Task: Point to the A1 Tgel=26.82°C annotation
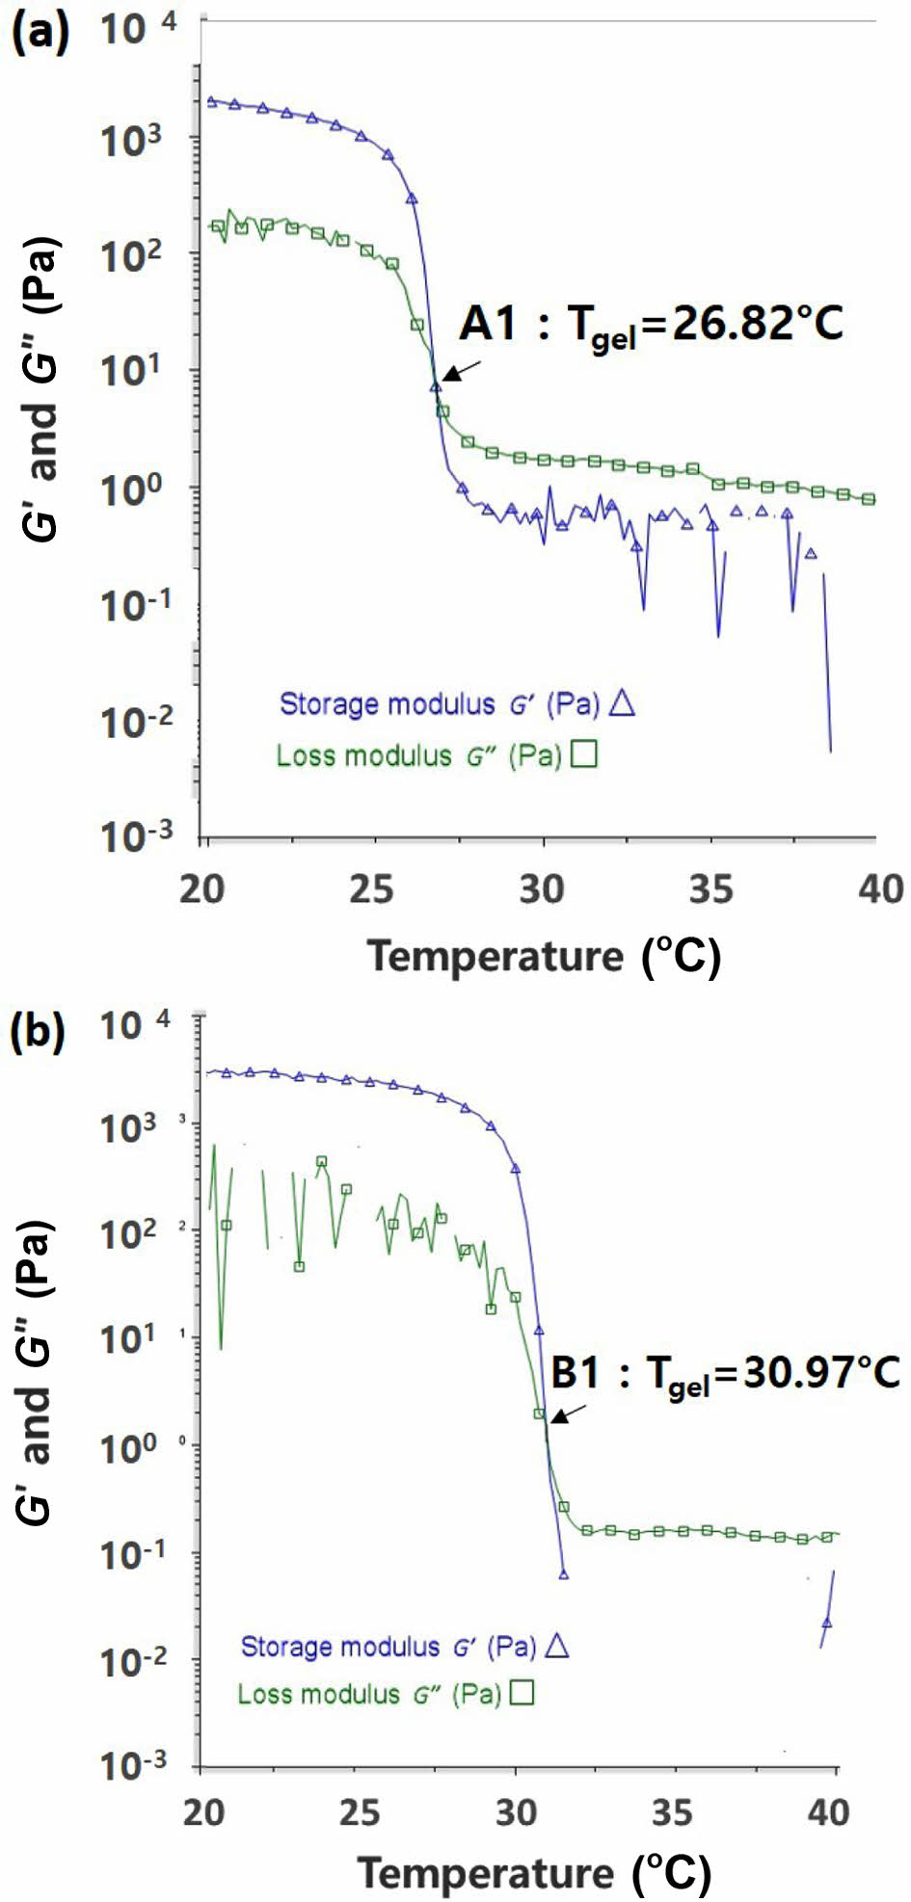point(651,325)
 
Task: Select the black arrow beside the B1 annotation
point(570,1413)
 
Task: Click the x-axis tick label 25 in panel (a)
point(372,889)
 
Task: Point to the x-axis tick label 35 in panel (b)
point(672,1812)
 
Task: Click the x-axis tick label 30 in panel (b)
point(516,1812)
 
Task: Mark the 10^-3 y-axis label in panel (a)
point(138,836)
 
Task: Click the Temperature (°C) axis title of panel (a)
point(544,956)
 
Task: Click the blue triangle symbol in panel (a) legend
point(623,704)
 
